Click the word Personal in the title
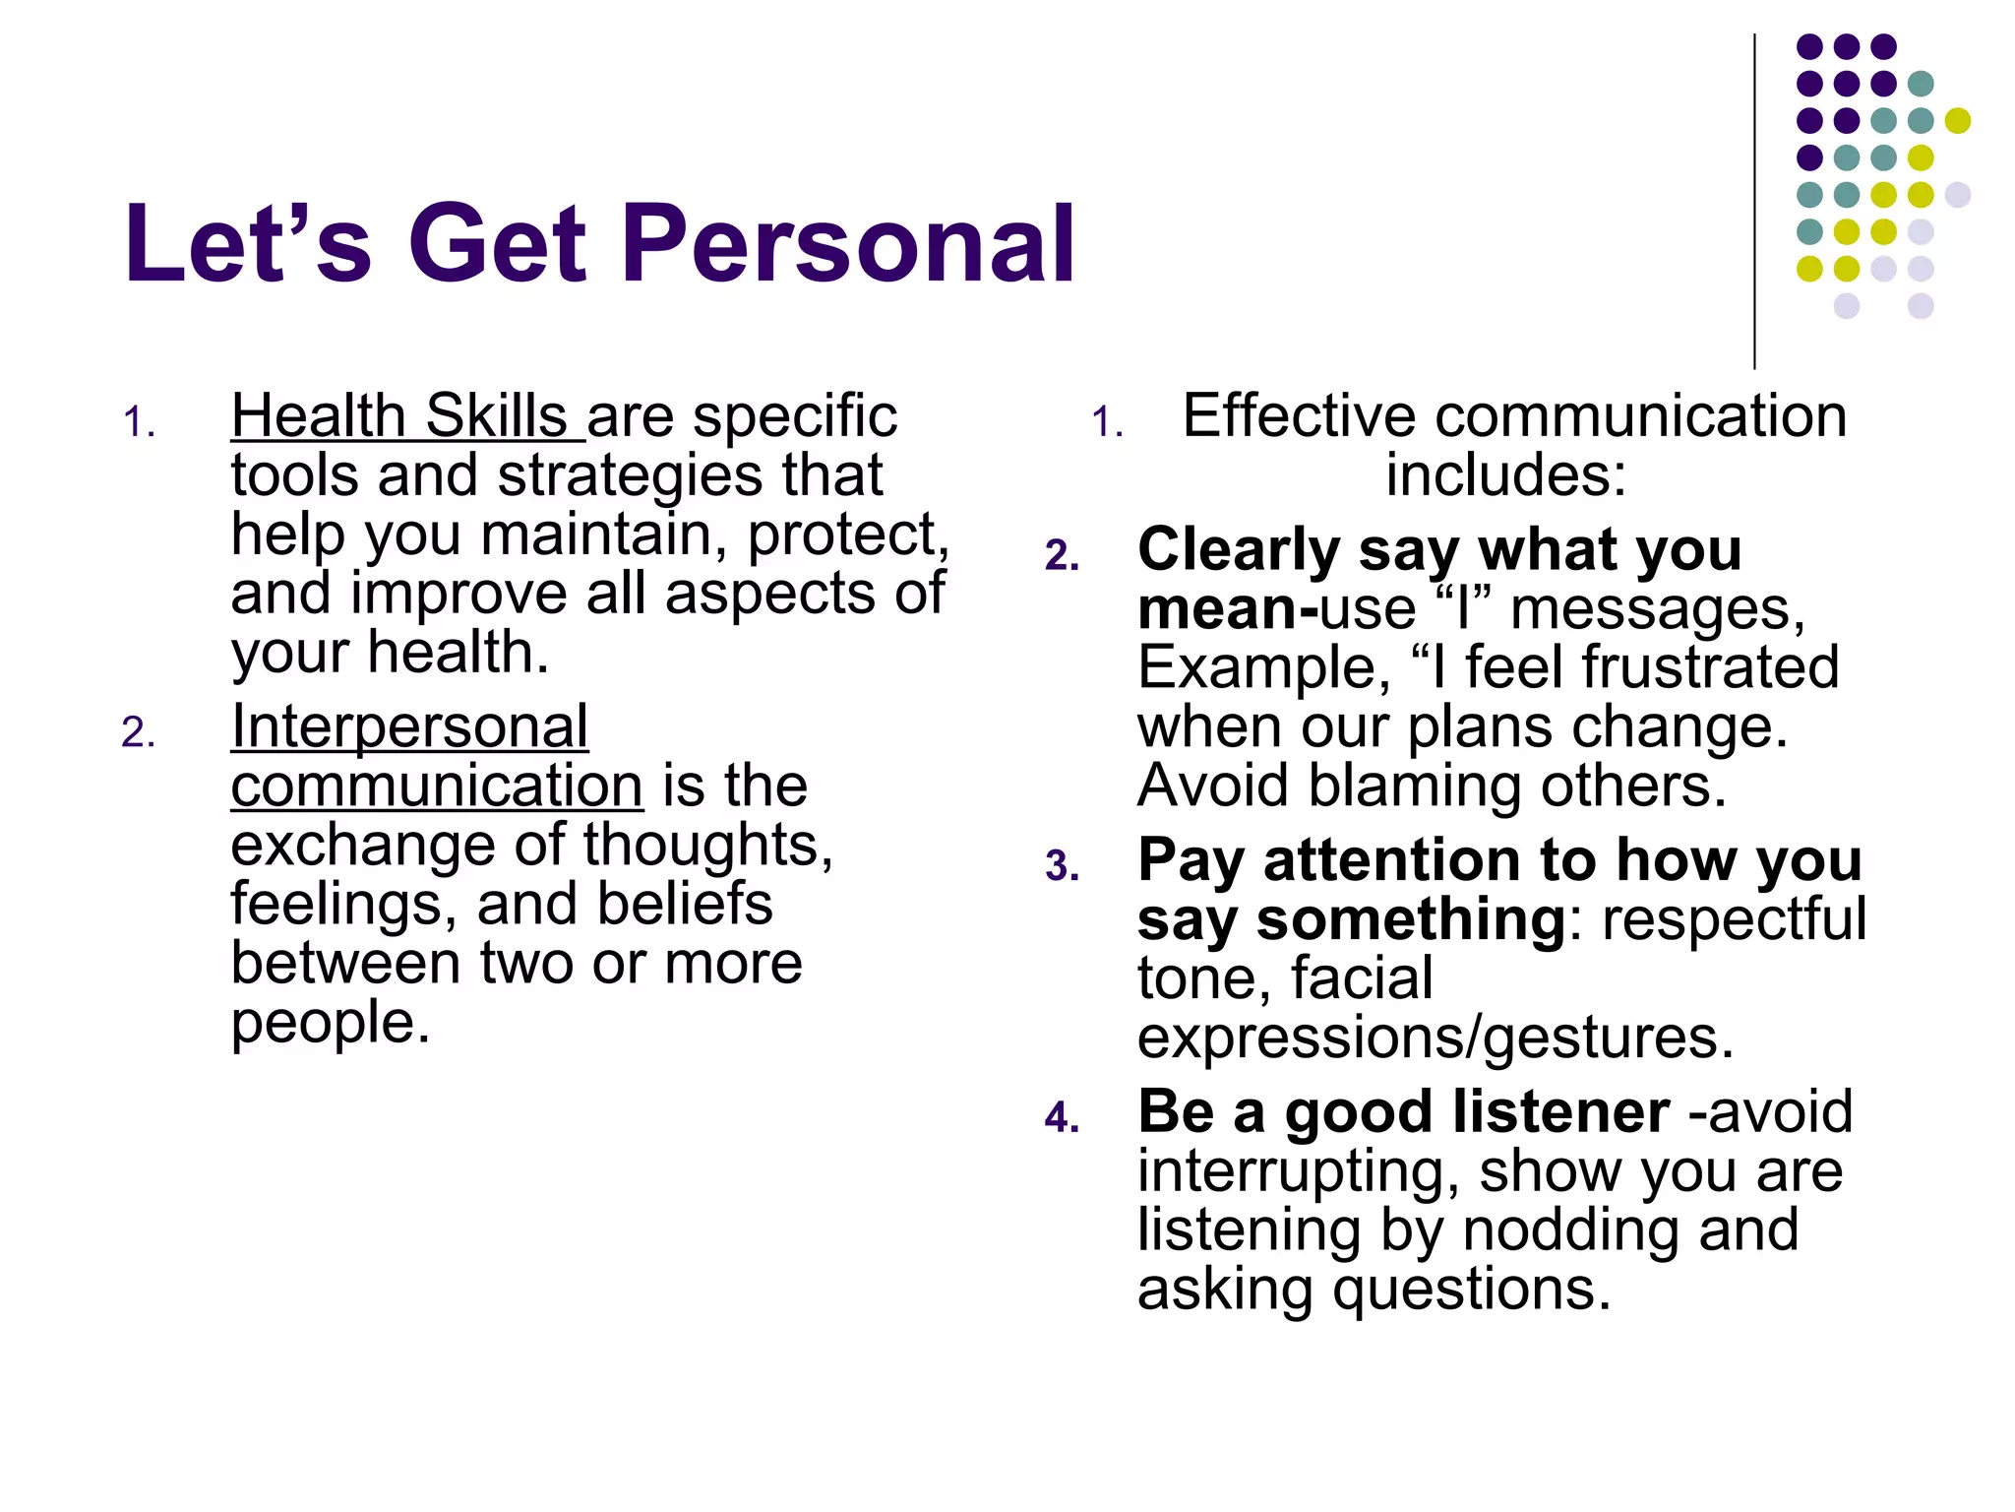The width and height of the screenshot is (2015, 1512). pyautogui.click(x=848, y=244)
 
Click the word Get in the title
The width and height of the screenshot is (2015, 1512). pyautogui.click(x=498, y=244)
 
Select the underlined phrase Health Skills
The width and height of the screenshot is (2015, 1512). pyautogui.click(x=398, y=416)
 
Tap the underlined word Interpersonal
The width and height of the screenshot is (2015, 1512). pyautogui.click(x=409, y=727)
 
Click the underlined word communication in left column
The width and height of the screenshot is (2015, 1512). pyautogui.click(x=437, y=787)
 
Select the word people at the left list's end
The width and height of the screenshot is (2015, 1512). pyautogui.click(x=329, y=1024)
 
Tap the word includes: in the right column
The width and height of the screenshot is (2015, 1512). pyautogui.click(x=1505, y=475)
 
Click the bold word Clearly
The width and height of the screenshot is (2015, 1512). pyautogui.click(x=1239, y=549)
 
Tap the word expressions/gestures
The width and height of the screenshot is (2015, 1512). pyautogui.click(x=1435, y=1038)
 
